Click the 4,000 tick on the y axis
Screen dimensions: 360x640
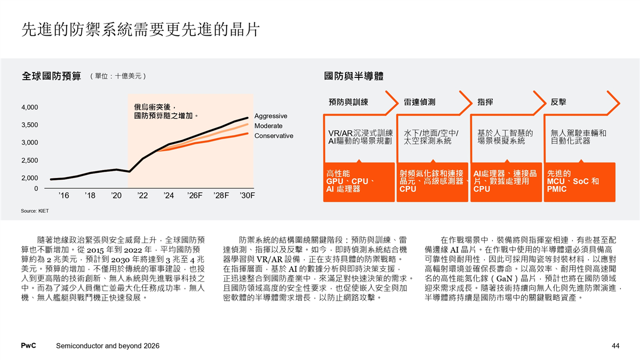pyautogui.click(x=29, y=107)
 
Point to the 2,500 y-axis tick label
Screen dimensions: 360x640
pyautogui.click(x=29, y=160)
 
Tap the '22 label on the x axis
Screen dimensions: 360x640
pyautogui.click(x=142, y=196)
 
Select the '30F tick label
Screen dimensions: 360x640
pyautogui.click(x=247, y=196)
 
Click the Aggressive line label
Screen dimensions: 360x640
pyautogui.click(x=271, y=116)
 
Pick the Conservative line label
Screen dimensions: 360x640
pyautogui.click(x=274, y=136)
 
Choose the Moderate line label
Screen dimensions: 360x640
pyautogui.click(x=268, y=126)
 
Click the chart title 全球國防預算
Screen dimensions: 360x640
pyautogui.click(x=51, y=76)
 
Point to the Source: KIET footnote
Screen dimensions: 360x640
pyautogui.click(x=35, y=211)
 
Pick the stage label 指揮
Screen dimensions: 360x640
pyautogui.click(x=485, y=102)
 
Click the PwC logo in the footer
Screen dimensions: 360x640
pyautogui.click(x=28, y=346)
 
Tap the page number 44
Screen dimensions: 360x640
pyautogui.click(x=615, y=346)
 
